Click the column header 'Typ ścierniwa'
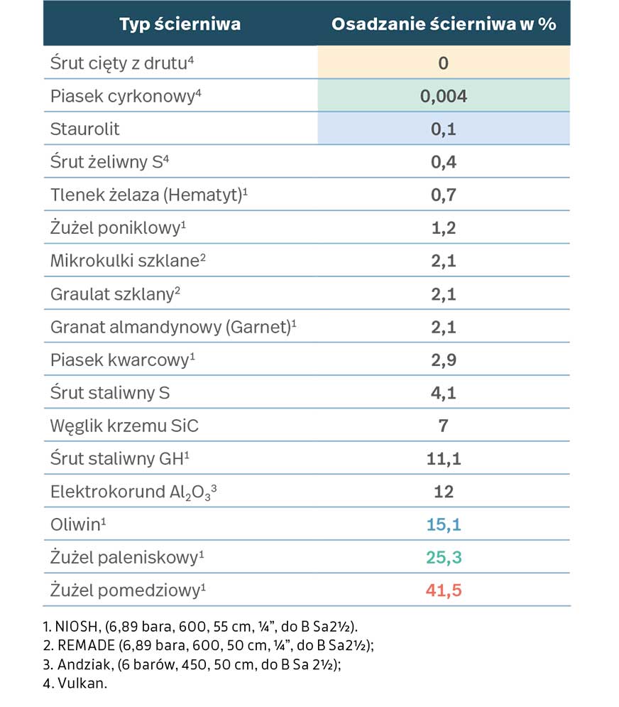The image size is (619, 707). click(180, 24)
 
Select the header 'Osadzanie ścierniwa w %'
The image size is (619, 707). click(444, 24)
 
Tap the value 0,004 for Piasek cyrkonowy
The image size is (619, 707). click(444, 96)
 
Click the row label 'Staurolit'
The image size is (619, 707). click(85, 129)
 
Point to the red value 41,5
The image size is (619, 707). click(444, 590)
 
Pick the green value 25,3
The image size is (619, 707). click(444, 557)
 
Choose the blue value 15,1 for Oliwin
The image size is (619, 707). click(444, 524)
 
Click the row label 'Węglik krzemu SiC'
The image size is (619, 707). click(124, 426)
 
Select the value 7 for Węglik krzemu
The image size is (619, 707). click(444, 426)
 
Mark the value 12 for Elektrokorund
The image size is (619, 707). click(444, 492)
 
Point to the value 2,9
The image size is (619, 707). click(444, 360)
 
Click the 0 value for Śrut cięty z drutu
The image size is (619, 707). click(444, 63)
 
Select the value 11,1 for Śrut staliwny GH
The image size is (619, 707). click(444, 458)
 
